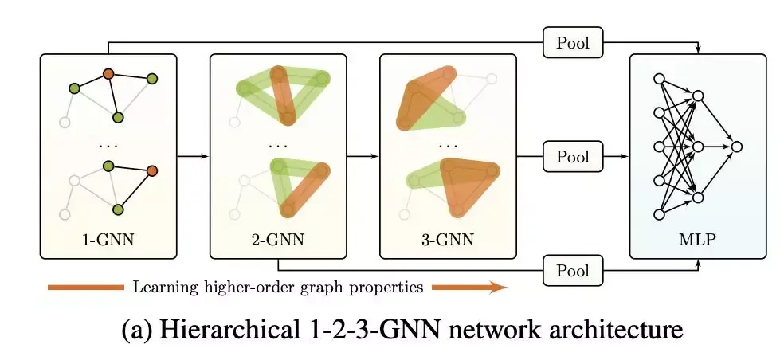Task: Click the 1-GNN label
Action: point(108,237)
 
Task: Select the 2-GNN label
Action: point(278,237)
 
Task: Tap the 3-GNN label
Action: point(448,237)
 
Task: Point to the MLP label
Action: point(697,237)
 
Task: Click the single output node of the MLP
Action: point(737,147)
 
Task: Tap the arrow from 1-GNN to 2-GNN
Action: point(192,157)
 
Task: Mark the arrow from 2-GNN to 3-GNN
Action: point(363,157)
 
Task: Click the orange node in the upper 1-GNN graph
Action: point(108,74)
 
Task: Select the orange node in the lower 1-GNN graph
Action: point(151,170)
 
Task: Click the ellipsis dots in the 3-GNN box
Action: point(449,147)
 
